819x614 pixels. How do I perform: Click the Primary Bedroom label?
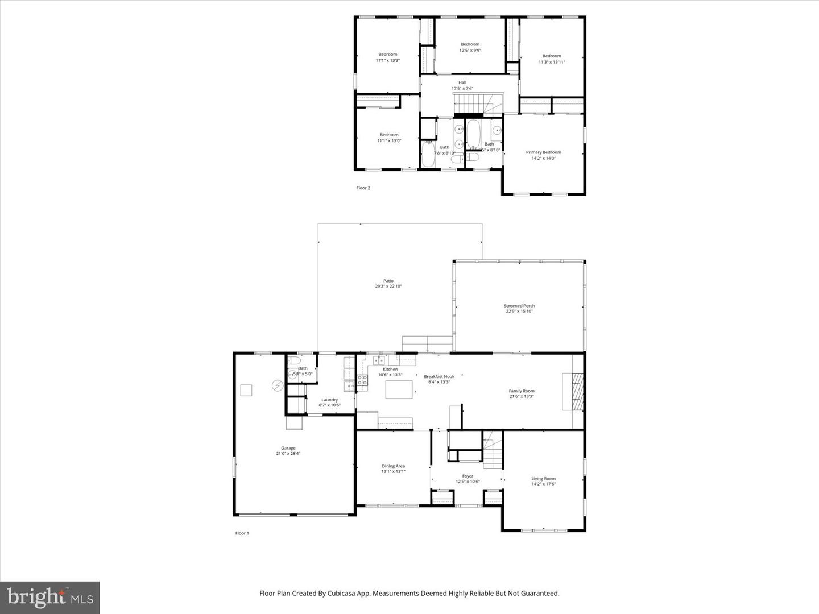coord(543,152)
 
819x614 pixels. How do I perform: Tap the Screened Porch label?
coord(519,306)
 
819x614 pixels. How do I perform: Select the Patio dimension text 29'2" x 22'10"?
coord(388,287)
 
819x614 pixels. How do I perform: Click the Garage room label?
coord(288,448)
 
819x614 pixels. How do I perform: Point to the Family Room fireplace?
coord(573,391)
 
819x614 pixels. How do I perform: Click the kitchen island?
coord(399,389)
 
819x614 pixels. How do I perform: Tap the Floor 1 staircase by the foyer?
coord(493,450)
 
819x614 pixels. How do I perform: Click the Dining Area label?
coord(393,466)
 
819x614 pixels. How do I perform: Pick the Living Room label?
coord(543,479)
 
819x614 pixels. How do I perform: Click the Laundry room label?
coord(329,400)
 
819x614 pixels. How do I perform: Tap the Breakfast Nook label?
coord(439,376)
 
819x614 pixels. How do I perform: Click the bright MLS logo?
coord(50,597)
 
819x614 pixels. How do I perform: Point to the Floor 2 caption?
coord(363,188)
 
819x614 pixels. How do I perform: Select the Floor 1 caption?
coord(242,533)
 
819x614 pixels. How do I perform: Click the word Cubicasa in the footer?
coord(357,593)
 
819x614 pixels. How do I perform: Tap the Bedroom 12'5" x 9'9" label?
coord(470,44)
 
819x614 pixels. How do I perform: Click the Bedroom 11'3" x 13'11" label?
coord(551,56)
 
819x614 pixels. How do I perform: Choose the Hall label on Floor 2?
coord(462,82)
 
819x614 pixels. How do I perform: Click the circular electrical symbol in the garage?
coord(277,386)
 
